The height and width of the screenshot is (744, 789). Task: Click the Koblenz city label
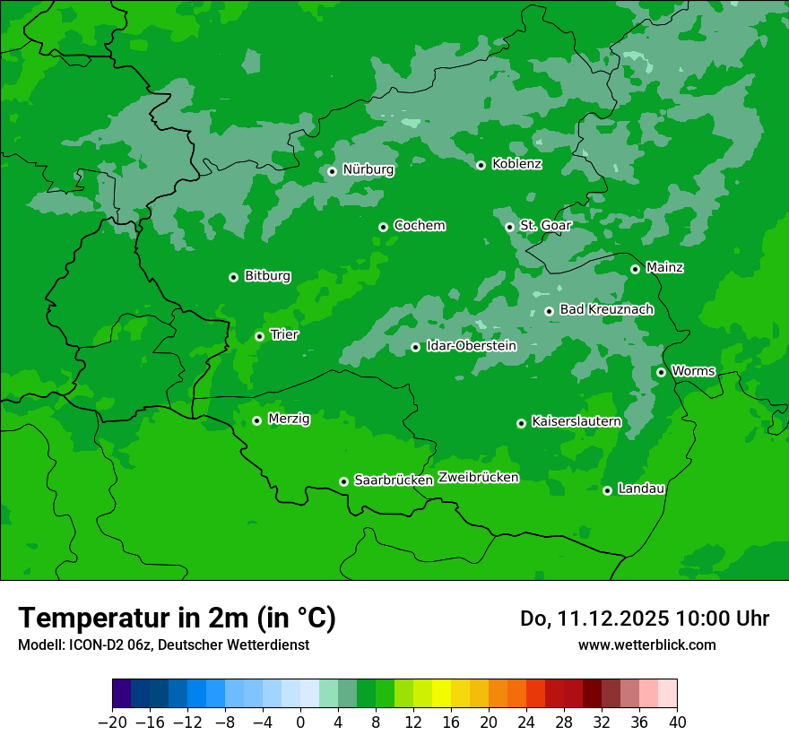[x=516, y=164]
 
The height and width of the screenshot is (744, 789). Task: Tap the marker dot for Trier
[x=259, y=336]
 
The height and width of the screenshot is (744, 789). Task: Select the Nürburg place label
[x=368, y=169]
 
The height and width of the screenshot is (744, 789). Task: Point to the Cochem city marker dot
[x=383, y=227]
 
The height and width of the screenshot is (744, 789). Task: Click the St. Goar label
[x=545, y=226]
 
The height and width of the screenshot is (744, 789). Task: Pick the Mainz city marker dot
[x=635, y=269]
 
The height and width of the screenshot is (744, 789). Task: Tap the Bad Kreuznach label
[x=606, y=310]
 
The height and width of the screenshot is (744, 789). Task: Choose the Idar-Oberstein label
[x=471, y=346]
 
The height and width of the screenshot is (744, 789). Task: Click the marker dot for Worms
[x=661, y=372]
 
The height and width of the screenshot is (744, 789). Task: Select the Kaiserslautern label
[x=576, y=422]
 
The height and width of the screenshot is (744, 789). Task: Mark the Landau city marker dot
[x=607, y=490]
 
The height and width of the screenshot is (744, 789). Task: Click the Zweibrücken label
[x=478, y=478]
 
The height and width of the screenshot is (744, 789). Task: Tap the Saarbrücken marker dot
[x=343, y=481]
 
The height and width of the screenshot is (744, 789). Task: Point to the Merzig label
[x=289, y=420]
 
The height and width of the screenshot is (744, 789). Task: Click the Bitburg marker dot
[x=233, y=277]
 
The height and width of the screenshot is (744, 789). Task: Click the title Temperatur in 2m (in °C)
[x=177, y=619]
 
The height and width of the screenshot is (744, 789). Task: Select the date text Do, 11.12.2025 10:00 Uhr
[x=644, y=619]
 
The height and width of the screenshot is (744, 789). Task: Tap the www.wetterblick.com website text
[x=646, y=645]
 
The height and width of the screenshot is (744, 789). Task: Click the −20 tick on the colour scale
[x=113, y=722]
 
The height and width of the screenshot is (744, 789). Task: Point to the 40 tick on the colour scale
[x=677, y=722]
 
